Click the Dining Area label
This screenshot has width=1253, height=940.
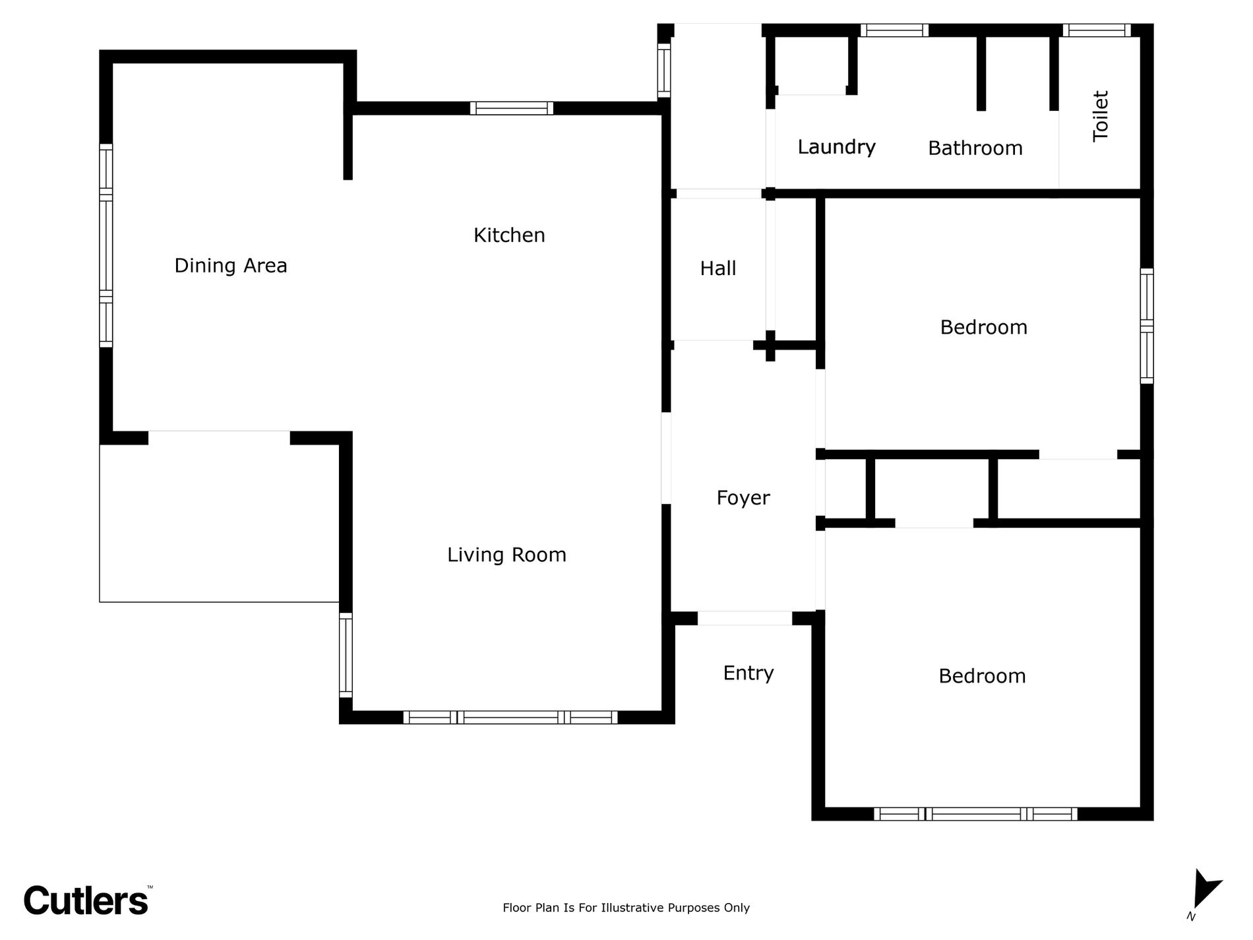pos(231,266)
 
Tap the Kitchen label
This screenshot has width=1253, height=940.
pos(509,235)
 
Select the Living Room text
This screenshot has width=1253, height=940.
pos(506,555)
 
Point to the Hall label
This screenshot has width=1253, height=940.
pos(718,268)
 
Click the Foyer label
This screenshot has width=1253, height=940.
pos(743,498)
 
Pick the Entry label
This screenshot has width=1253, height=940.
pos(749,674)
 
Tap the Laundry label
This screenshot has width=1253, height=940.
pos(837,147)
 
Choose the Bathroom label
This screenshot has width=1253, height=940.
pos(975,148)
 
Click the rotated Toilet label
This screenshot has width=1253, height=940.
pos(1101,116)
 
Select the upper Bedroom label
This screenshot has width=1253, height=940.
pos(984,328)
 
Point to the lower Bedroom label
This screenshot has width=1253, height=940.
pos(983,676)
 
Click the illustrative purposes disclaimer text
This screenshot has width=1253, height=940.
pos(626,908)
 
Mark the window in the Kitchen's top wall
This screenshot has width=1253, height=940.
pos(512,108)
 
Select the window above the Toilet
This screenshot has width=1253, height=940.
pos(1096,30)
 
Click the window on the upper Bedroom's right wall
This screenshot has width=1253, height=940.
pos(1147,326)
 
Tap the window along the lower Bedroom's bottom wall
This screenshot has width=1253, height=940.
pos(976,814)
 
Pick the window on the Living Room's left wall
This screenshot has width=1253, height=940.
pos(346,655)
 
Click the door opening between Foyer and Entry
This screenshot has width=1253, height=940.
pos(745,618)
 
